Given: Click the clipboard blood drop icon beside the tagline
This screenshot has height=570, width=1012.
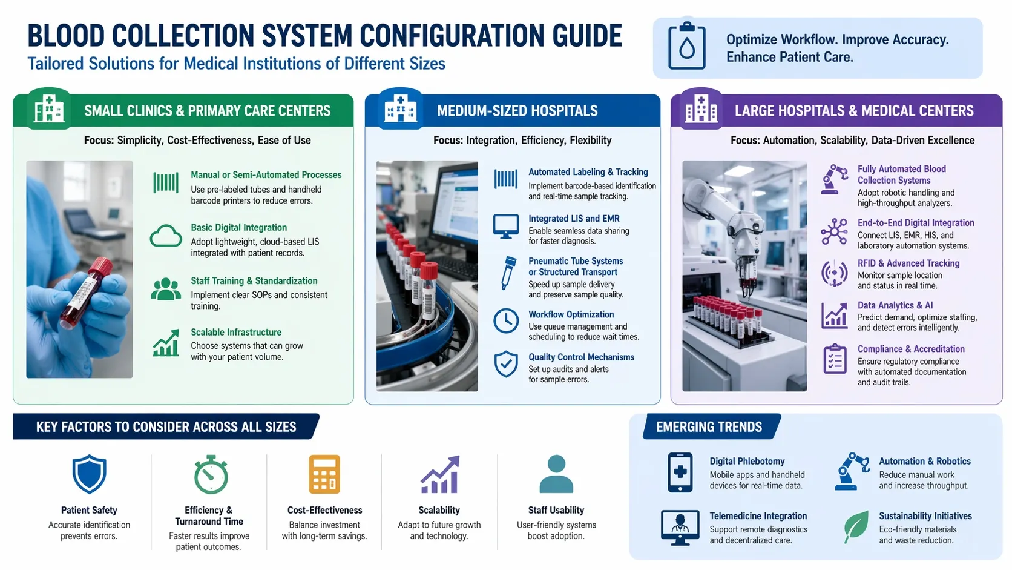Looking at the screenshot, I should click(x=686, y=46).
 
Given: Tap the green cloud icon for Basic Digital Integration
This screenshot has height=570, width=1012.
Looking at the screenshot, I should click(x=165, y=236).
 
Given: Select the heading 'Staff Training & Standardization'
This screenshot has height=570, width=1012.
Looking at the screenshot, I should click(x=254, y=281).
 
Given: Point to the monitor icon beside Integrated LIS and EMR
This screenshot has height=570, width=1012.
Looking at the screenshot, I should click(x=505, y=226).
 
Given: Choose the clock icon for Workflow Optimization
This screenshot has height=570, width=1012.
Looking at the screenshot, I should click(x=505, y=320).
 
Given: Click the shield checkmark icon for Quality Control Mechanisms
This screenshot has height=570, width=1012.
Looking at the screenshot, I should click(x=505, y=364).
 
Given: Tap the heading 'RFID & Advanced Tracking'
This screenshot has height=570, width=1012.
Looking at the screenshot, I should click(x=908, y=263).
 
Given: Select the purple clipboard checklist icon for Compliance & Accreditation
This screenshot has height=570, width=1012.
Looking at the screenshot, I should click(x=835, y=359).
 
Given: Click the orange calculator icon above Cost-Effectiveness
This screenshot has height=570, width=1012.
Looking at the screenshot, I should click(x=324, y=474).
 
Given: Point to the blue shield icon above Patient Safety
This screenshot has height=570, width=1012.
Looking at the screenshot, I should click(x=89, y=474).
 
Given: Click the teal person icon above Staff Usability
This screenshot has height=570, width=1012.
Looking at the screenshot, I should click(x=556, y=474).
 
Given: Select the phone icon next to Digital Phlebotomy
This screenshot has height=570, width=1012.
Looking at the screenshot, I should click(x=680, y=472).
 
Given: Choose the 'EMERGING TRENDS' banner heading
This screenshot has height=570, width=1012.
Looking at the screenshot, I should click(x=709, y=427).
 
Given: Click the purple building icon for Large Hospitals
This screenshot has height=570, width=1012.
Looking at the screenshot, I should click(x=700, y=110).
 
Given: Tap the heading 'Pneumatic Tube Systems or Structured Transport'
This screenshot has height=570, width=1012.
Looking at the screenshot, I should click(x=575, y=267).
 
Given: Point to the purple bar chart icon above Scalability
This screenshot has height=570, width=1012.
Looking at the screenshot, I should click(x=439, y=475).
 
